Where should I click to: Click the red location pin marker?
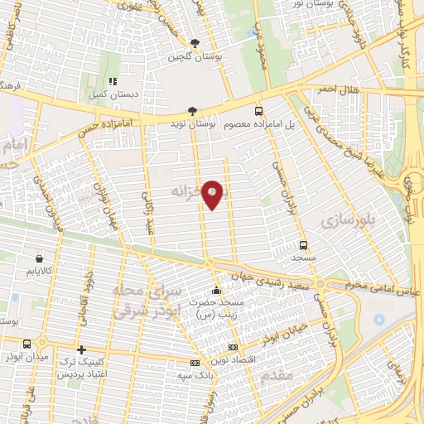click(213, 194)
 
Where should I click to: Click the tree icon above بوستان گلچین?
click(195, 43)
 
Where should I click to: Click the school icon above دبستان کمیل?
click(112, 82)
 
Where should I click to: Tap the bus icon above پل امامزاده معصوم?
click(258, 110)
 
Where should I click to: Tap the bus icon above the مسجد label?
click(304, 245)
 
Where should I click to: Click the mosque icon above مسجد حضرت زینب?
click(217, 291)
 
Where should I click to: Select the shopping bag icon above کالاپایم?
click(40, 256)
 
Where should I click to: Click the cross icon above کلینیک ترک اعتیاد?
click(81, 350)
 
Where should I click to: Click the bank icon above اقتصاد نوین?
click(233, 347)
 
